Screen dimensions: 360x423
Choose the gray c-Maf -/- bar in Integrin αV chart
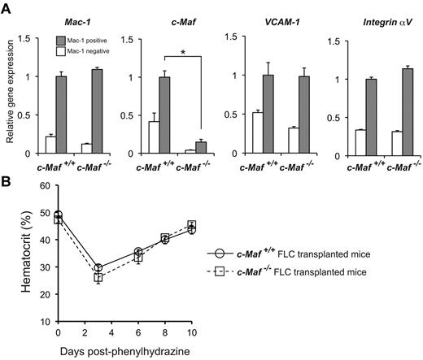(x=402, y=110)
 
